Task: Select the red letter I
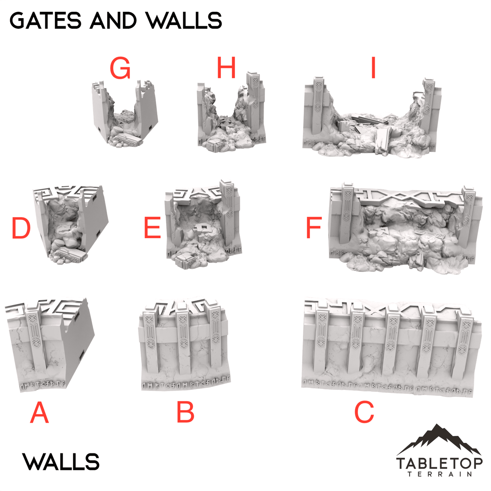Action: point(373,68)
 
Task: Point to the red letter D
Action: point(21,228)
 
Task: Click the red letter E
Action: point(152,228)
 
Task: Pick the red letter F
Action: point(314,228)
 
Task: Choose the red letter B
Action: point(186,413)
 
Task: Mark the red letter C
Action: point(364,413)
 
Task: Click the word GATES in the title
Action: point(45,21)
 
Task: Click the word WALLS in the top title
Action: point(184,21)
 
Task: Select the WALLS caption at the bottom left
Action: point(61,462)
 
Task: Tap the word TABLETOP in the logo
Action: point(439,463)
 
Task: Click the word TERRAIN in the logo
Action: point(439,474)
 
